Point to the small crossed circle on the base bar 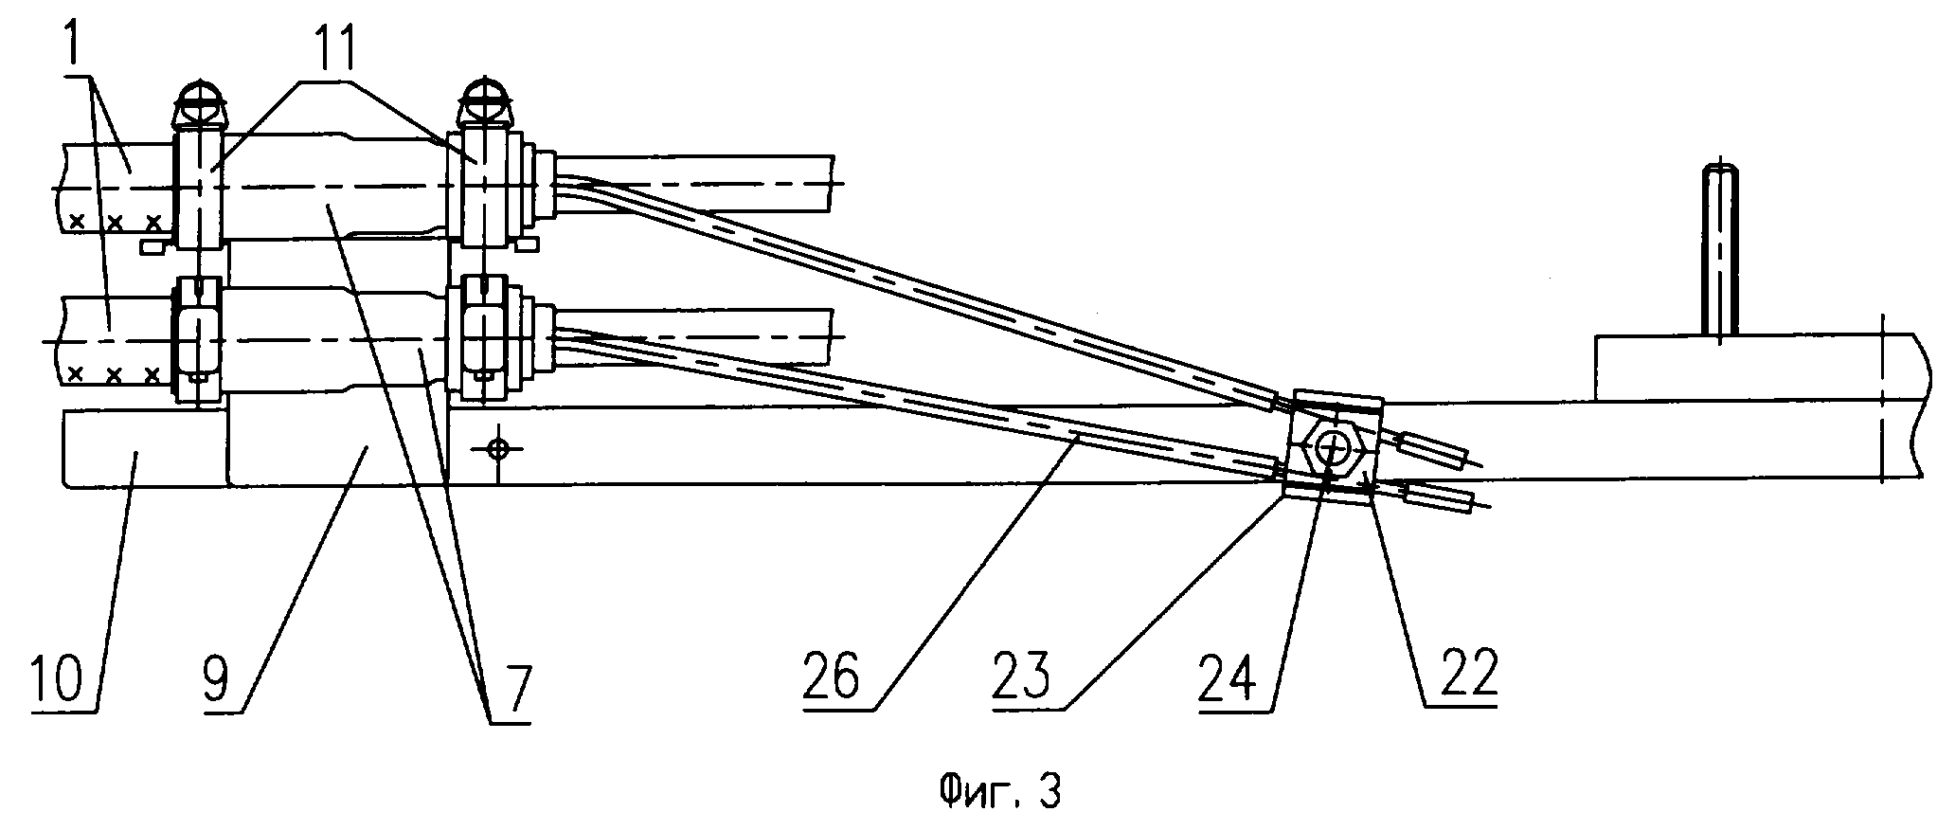click(496, 447)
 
